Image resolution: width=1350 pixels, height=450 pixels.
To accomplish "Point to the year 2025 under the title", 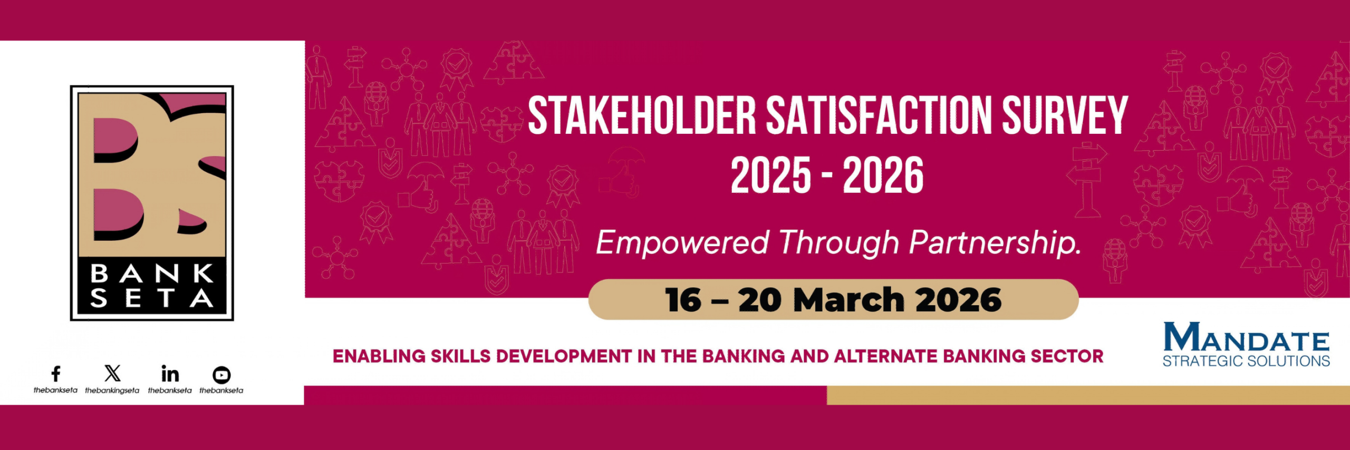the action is [x=771, y=175].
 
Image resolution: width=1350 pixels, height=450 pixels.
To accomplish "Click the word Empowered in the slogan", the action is [x=682, y=243].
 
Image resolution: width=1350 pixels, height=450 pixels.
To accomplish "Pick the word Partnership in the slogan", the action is [x=995, y=243].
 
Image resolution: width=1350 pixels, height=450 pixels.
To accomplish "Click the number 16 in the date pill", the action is [x=683, y=300].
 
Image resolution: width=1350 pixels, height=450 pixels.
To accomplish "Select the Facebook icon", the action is [x=55, y=374].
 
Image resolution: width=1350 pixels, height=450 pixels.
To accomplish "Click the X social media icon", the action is [x=112, y=373].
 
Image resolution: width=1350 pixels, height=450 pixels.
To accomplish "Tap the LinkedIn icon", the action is [x=170, y=374].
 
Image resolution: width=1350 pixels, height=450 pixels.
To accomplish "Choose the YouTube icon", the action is [x=221, y=375].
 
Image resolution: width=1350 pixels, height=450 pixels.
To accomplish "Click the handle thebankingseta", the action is [x=112, y=390].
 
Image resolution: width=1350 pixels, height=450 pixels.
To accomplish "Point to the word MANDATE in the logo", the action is [x=1246, y=337].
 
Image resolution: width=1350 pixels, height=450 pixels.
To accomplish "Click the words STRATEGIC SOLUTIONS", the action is [x=1246, y=361].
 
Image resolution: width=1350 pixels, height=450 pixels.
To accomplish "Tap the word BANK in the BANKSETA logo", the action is [x=152, y=274].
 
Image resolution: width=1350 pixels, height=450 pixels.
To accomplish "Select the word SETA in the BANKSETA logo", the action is [x=152, y=298].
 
